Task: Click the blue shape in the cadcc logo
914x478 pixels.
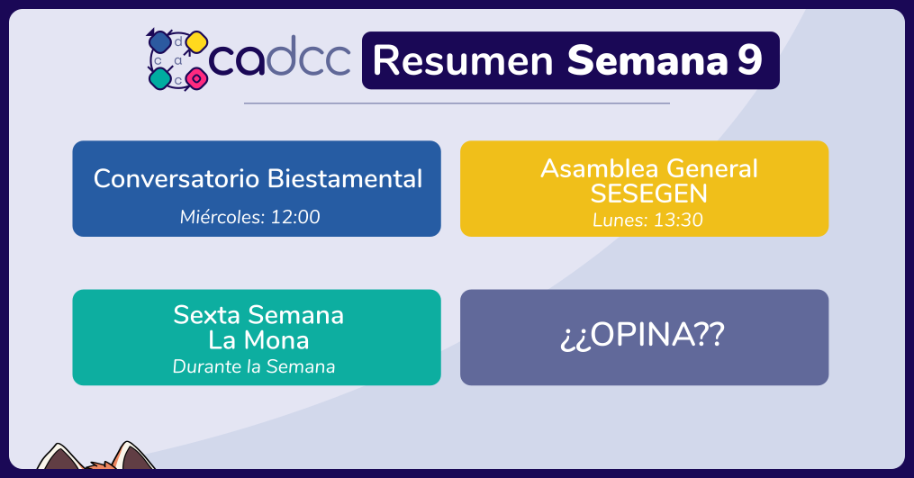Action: (159, 42)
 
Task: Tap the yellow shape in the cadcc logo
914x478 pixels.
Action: (197, 42)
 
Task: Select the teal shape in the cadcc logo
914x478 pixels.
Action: (159, 78)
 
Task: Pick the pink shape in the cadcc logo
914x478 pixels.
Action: (197, 78)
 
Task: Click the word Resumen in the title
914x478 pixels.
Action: (463, 60)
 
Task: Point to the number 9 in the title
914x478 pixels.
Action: (749, 59)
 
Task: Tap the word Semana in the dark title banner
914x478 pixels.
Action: (647, 60)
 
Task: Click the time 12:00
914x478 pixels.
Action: (295, 217)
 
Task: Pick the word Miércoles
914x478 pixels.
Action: (222, 217)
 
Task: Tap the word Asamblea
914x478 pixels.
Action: (600, 168)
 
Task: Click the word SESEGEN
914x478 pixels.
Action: (648, 194)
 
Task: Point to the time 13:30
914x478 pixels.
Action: (678, 220)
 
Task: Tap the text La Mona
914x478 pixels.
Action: (258, 340)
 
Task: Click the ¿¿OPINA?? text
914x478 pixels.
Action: (642, 335)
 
